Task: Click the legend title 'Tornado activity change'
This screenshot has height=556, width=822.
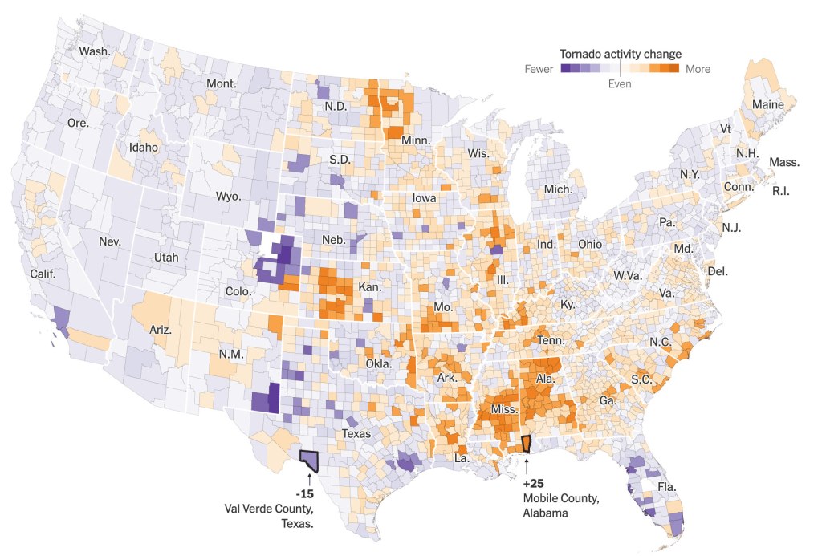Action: [621, 54]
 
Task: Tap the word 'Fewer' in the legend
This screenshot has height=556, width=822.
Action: [539, 69]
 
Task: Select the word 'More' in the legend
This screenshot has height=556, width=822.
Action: [698, 69]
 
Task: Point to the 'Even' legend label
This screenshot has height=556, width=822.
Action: [620, 83]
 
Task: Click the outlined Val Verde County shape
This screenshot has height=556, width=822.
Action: [308, 460]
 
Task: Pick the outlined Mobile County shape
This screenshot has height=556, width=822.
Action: [527, 444]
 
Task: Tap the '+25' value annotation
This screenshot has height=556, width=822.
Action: [534, 485]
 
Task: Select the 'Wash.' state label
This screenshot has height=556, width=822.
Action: [95, 51]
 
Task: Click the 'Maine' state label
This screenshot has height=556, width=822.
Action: [767, 104]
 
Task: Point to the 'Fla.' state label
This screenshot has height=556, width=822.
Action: [667, 487]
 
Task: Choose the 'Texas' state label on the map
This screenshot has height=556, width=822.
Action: [356, 433]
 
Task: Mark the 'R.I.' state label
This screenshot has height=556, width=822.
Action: [786, 191]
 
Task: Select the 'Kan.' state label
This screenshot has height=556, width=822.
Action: [369, 286]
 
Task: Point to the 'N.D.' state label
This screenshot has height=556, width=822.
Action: [335, 106]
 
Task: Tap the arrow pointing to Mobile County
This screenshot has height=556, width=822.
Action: [527, 463]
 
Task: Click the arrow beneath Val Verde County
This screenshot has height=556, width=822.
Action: [309, 479]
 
